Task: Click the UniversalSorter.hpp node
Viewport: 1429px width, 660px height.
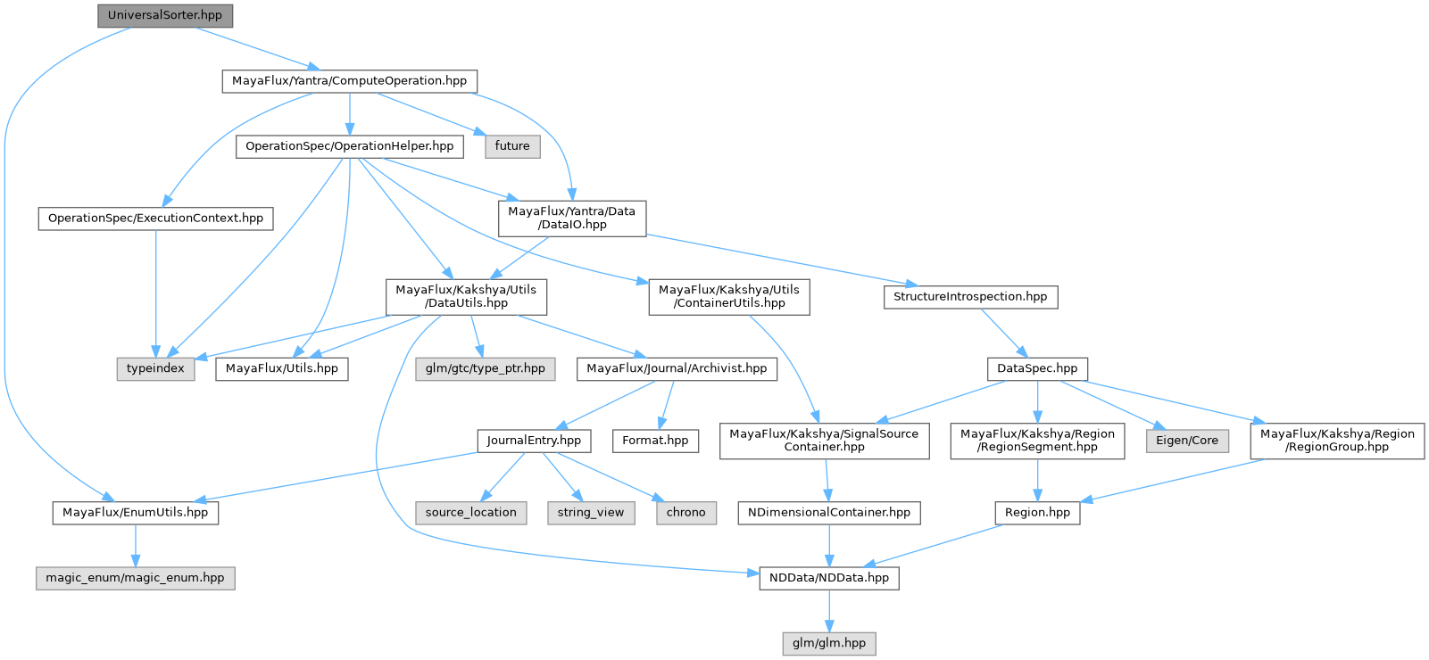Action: [x=164, y=15]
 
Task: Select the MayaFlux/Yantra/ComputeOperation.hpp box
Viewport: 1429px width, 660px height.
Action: [x=349, y=80]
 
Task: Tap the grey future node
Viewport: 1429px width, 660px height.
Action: [x=512, y=145]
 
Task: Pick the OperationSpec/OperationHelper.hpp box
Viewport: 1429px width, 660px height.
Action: [x=349, y=145]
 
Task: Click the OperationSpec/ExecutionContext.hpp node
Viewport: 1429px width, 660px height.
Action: [x=155, y=218]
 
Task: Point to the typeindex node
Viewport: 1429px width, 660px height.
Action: [x=155, y=367]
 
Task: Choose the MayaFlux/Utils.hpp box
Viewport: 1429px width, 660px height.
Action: [x=282, y=367]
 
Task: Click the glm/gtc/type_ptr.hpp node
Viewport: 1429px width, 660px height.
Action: [x=485, y=367]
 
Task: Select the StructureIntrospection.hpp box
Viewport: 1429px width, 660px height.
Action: [x=970, y=296]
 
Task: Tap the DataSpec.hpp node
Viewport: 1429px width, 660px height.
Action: [x=1037, y=367]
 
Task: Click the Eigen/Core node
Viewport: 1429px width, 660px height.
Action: [x=1187, y=440]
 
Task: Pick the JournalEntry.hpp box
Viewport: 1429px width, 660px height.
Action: [x=534, y=440]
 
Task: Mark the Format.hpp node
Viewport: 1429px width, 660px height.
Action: [x=655, y=440]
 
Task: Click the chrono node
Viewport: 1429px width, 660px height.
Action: [x=685, y=512]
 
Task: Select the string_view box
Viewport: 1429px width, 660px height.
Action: [x=591, y=512]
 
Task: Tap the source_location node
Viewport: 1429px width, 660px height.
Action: [x=470, y=512]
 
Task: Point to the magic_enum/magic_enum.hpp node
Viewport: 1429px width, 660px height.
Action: [x=135, y=577]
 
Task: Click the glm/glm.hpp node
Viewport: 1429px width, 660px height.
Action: [x=829, y=642]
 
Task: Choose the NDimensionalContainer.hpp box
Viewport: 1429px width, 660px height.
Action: [x=829, y=512]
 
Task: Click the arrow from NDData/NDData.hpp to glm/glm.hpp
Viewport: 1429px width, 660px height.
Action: [x=829, y=611]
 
